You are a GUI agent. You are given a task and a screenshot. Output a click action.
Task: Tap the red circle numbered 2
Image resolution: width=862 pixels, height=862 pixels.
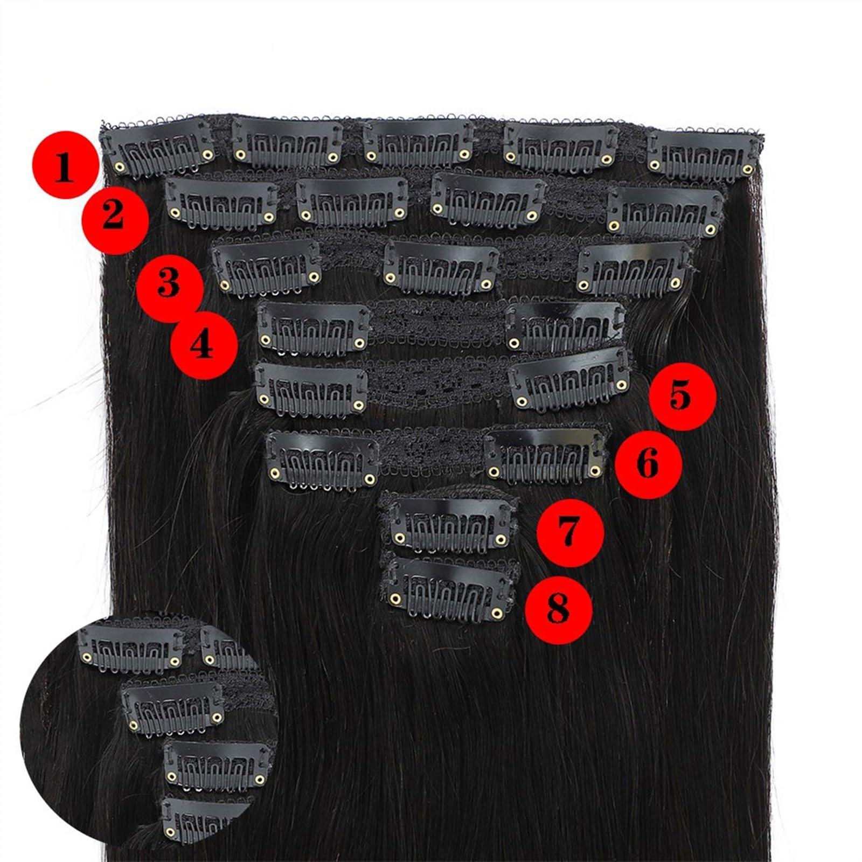click(x=114, y=221)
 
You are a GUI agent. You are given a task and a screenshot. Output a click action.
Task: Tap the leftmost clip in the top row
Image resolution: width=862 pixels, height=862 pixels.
click(x=160, y=145)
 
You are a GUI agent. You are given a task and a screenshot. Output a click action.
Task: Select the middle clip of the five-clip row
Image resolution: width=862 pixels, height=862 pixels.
click(x=419, y=142)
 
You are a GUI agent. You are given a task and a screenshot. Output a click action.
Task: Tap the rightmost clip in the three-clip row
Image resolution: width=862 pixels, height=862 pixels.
click(x=632, y=269)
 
